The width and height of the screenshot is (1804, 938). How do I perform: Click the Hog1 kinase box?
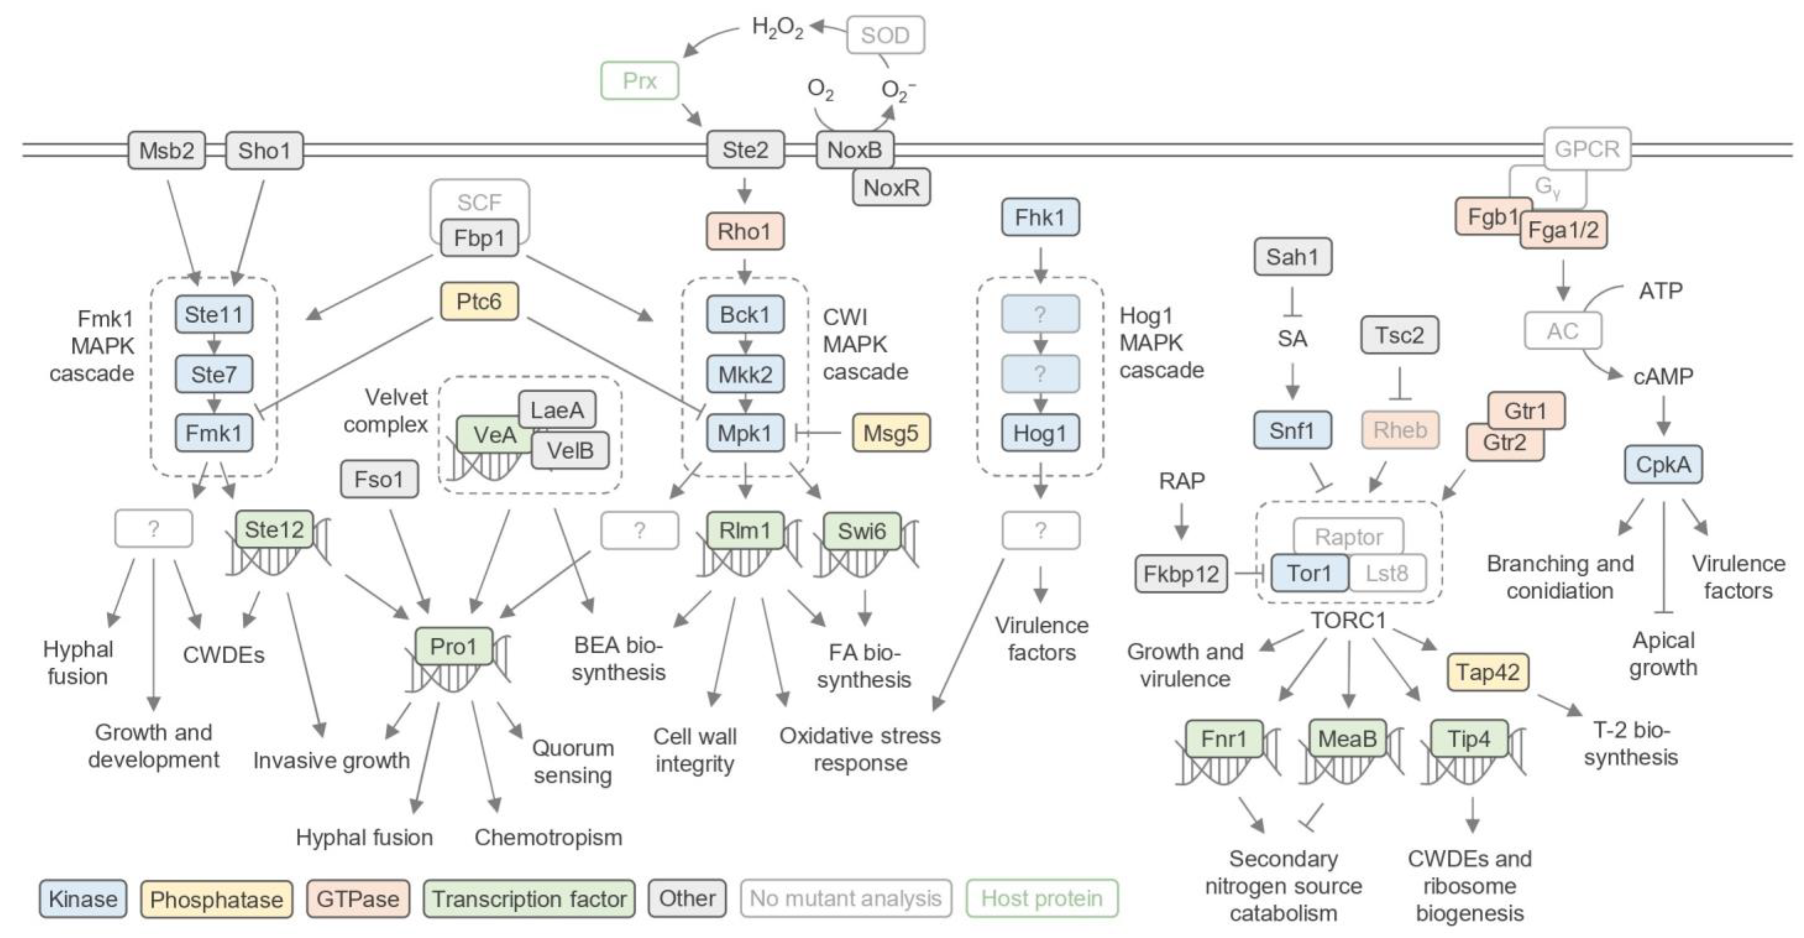tap(1040, 433)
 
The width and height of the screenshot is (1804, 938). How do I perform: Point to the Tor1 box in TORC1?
tap(1309, 573)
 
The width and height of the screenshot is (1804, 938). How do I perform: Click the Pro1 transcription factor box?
tap(453, 646)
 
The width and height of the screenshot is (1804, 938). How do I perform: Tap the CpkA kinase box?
tap(1663, 464)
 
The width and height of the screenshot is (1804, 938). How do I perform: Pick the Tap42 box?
tap(1487, 672)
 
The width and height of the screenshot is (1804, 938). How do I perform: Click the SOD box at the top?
tap(885, 35)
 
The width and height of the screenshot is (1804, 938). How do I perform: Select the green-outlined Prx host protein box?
tap(639, 81)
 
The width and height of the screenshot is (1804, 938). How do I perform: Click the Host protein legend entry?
tap(1041, 898)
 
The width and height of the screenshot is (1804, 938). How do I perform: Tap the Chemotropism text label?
tap(548, 837)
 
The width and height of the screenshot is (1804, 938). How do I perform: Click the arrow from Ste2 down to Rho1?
tap(744, 190)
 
